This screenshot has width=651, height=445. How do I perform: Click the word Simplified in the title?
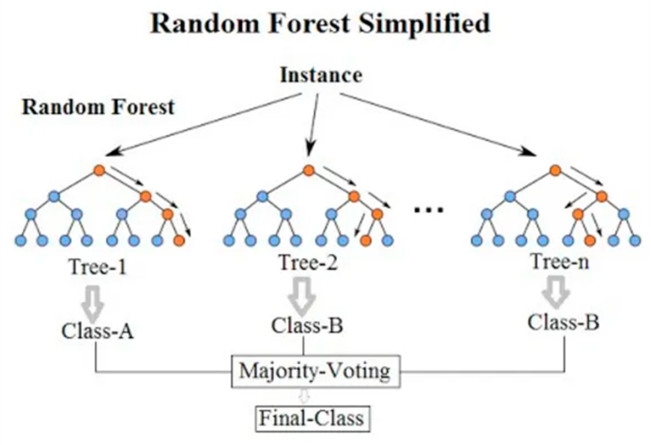coord(424,23)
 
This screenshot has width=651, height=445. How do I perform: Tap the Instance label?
coord(321,75)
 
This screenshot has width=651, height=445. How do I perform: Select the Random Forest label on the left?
coord(98,107)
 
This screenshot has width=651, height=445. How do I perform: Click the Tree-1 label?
coord(98,267)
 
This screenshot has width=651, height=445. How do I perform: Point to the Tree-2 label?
coord(308,262)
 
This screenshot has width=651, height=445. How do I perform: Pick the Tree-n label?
coord(560,261)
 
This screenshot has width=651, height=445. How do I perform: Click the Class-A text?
coord(98,332)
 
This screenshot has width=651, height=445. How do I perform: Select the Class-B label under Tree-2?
coord(307,326)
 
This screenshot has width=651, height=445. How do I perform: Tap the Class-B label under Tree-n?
coord(563,323)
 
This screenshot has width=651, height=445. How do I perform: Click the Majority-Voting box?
coord(315,371)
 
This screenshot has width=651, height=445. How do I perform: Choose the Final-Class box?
coord(312,418)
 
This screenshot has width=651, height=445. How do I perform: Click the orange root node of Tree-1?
coord(99,170)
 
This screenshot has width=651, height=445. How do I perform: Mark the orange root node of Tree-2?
coord(309,170)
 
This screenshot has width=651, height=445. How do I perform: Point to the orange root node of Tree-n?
coord(555,170)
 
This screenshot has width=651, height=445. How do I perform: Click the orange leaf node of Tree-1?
coord(180,240)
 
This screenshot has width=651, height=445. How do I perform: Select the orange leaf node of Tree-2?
coord(365,240)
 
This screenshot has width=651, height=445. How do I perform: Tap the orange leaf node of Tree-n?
coord(590,240)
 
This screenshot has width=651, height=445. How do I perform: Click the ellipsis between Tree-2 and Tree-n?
coord(428,210)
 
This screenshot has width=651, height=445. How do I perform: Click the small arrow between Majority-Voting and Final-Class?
coord(305,396)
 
